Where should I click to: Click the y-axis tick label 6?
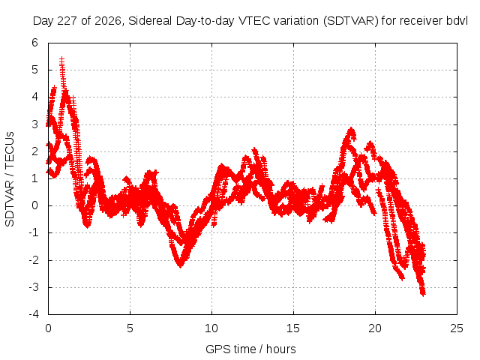(x=34, y=43)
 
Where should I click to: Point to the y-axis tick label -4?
(x=34, y=314)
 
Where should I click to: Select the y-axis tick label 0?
(x=34, y=205)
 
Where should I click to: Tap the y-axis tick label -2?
(x=34, y=260)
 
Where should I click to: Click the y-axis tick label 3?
(x=34, y=124)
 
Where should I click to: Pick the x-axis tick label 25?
(x=457, y=328)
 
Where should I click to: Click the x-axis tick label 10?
(x=211, y=328)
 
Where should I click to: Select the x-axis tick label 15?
(x=293, y=328)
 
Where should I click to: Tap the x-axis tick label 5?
(x=130, y=328)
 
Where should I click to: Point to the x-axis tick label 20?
(x=375, y=328)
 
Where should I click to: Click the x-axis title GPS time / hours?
(x=250, y=349)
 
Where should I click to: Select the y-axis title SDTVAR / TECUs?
(x=10, y=179)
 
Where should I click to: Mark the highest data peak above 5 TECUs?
(x=61, y=58)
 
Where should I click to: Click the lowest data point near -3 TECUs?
(x=423, y=294)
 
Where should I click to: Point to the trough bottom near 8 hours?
(x=180, y=265)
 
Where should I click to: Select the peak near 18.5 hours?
(x=351, y=129)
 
